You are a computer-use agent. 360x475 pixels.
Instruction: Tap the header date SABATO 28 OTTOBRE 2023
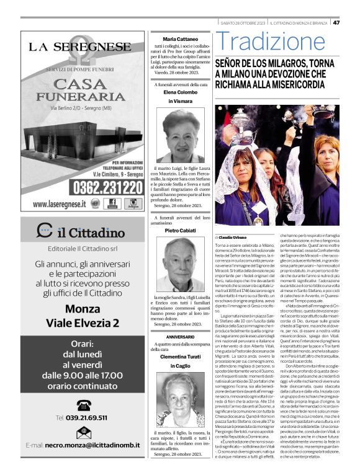point(243,23)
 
